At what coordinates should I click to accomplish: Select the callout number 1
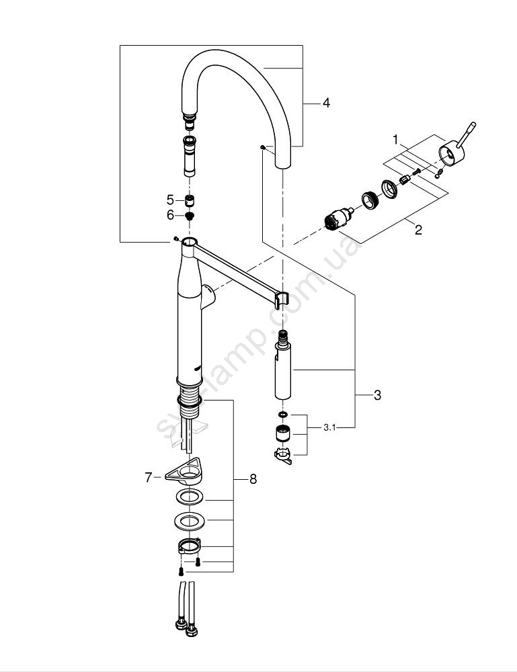coord(397,140)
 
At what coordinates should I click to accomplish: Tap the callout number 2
coord(418,230)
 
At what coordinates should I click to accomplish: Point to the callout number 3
coord(377,396)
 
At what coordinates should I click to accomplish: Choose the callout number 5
coord(170,200)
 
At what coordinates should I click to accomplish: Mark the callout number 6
coord(170,215)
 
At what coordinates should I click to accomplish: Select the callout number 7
coord(149,477)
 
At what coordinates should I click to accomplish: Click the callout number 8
coord(253,479)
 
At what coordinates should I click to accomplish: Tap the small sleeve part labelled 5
coord(190,200)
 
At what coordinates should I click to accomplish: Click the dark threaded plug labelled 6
coord(190,216)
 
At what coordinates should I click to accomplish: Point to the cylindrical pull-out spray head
coord(283,374)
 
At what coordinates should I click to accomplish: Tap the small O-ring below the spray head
coord(282,415)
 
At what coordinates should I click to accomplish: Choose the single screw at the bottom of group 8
coord(182,571)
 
